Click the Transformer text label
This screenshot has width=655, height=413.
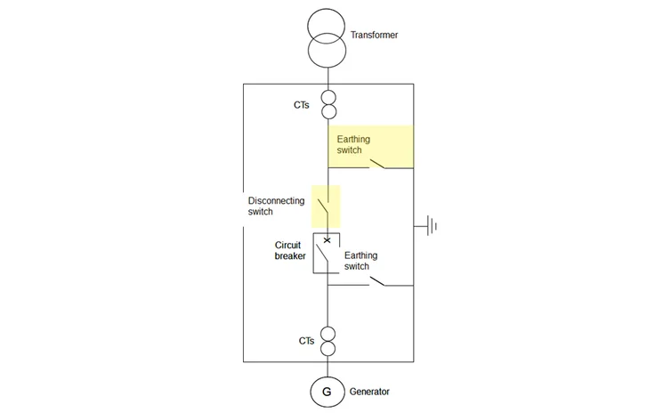(x=375, y=36)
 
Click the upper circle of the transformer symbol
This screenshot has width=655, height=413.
(x=327, y=22)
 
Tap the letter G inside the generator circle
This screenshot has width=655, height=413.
(x=327, y=392)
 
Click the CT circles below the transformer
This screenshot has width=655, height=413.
(x=327, y=105)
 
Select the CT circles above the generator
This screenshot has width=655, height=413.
(x=327, y=341)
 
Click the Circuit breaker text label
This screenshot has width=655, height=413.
(x=291, y=249)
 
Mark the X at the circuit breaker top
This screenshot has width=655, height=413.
(x=327, y=239)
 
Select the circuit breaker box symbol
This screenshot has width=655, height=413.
(x=327, y=253)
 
